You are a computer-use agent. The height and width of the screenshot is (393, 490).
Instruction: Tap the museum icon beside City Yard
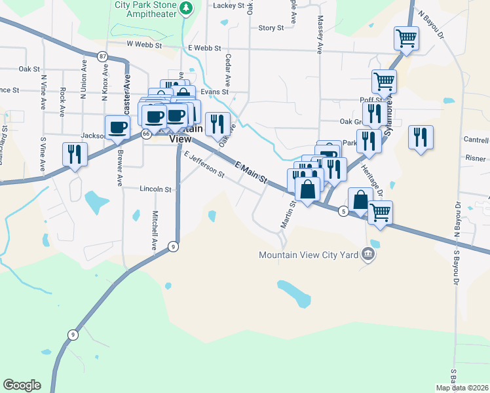tap(367, 255)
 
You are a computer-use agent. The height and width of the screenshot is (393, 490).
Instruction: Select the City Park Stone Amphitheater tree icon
tap(187, 7)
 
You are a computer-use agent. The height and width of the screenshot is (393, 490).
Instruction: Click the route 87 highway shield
tap(102, 57)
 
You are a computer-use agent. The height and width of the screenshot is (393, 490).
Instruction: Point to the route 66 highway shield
tap(145, 134)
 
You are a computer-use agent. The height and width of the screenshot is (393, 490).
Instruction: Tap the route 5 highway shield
tap(343, 211)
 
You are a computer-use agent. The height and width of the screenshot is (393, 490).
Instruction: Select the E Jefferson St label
tap(204, 166)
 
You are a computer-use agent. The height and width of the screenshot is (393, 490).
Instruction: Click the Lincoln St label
tap(155, 189)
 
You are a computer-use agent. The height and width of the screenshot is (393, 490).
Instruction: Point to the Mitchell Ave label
tap(155, 231)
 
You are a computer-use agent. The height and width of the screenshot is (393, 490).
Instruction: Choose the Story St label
tap(271, 28)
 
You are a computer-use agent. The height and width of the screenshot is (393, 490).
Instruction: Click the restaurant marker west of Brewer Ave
tap(73, 155)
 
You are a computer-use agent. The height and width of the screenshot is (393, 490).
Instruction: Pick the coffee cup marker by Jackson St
tap(117, 126)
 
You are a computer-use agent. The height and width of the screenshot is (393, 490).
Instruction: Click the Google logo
tap(22, 385)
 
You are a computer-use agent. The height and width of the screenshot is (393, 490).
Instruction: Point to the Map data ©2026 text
tap(462, 388)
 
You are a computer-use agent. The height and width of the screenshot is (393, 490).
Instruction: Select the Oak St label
tap(29, 69)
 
